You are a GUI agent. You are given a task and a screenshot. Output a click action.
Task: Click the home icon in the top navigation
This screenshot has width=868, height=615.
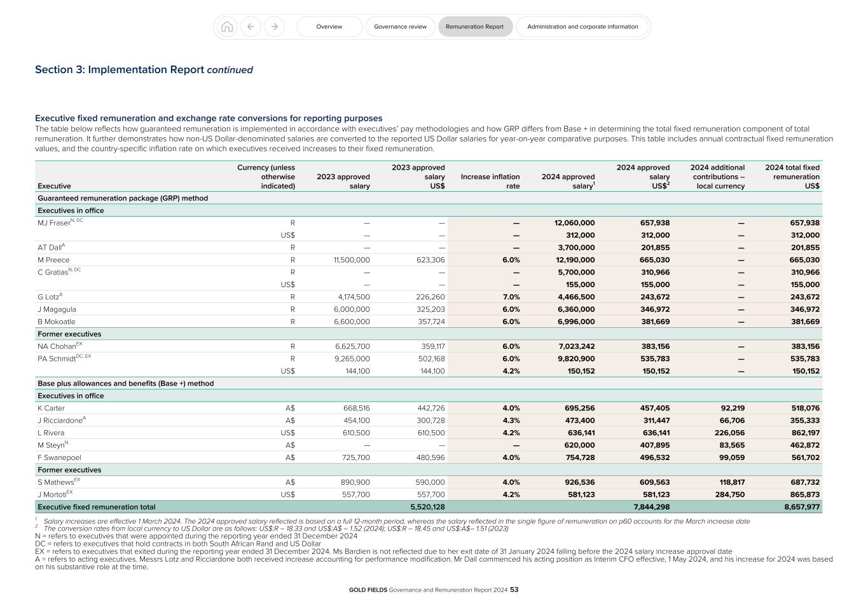[227, 27]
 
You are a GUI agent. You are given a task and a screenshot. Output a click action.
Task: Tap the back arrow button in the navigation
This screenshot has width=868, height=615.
[251, 27]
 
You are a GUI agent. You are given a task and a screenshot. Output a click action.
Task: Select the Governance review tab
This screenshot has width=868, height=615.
[400, 27]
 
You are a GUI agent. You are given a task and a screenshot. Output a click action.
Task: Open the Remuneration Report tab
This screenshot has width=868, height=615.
[474, 27]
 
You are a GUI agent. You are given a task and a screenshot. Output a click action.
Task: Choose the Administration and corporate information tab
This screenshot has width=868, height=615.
[582, 27]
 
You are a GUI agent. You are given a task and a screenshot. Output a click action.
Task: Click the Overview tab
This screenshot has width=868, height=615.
[329, 27]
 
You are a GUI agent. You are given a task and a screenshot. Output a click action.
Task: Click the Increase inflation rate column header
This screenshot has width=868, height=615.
[490, 181]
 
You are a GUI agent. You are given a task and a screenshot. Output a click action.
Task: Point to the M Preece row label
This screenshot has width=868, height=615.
[53, 260]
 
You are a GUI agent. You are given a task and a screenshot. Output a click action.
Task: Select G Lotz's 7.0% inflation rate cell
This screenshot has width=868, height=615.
[511, 297]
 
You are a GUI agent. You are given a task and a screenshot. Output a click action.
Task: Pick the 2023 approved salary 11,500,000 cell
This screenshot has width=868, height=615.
[352, 260]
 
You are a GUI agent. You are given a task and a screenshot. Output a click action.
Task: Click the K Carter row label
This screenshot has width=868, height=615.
[51, 408]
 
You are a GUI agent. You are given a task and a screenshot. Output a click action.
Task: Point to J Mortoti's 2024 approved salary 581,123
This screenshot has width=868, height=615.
[577, 494]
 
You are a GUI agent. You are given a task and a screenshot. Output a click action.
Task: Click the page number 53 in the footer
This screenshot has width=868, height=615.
[514, 590]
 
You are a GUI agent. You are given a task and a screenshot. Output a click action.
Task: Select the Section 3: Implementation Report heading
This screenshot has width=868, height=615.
[144, 70]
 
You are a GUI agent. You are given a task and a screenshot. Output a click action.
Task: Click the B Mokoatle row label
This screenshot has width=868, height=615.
[56, 321]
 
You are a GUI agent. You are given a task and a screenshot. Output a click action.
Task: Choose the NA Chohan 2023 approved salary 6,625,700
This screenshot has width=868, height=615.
[352, 346]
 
